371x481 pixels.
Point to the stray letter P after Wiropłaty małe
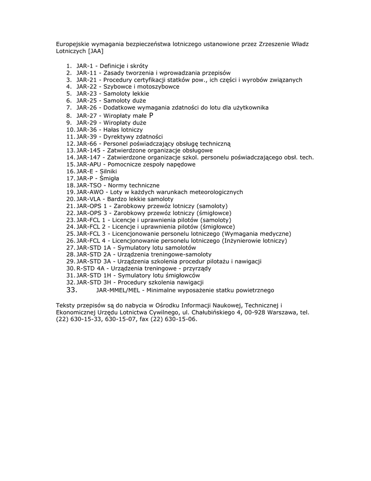click(x=151, y=115)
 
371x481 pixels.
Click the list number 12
click(x=70, y=144)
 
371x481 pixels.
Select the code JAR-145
click(x=90, y=150)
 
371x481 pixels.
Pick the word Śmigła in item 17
click(x=109, y=178)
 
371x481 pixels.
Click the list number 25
click(x=70, y=234)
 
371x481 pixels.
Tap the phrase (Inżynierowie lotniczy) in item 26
click(x=254, y=240)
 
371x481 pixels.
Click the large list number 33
click(x=72, y=290)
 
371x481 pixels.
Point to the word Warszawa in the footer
click(x=282, y=312)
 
